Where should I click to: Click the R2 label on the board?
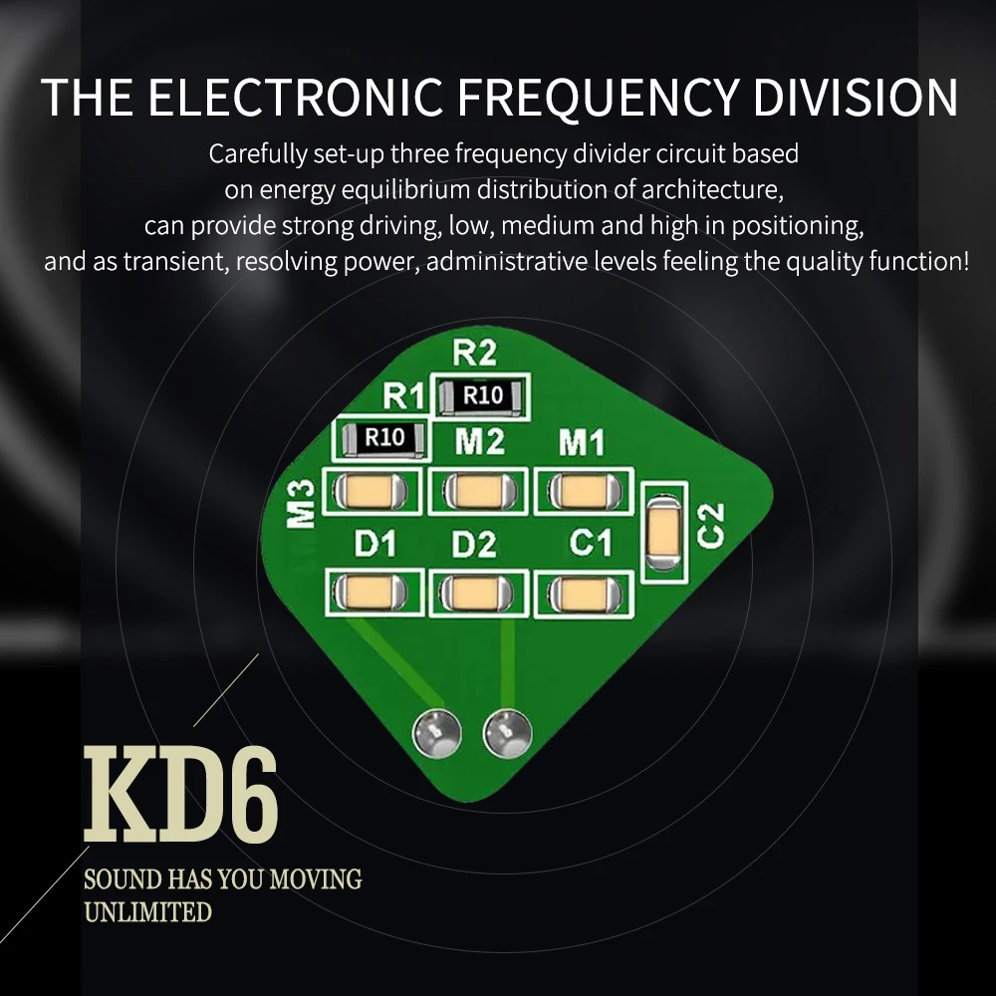474,354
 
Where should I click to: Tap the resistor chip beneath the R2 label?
482,395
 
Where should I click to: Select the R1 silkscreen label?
404,396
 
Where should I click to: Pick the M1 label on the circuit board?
582,440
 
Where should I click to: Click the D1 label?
375,545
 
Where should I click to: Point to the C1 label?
590,545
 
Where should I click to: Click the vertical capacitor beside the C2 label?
664,530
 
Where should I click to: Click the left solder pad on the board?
436,734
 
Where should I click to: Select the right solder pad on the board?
505,734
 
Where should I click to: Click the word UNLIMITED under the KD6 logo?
147,911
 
